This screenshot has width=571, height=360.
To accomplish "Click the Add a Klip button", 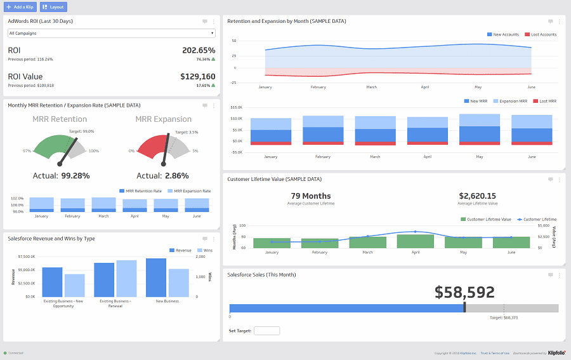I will [x=20, y=7].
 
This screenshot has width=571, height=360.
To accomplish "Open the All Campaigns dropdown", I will [x=111, y=32].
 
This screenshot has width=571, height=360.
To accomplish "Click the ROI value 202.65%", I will [x=198, y=50].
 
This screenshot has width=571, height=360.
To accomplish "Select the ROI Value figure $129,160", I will [x=197, y=76].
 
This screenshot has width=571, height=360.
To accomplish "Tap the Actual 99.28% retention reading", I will [x=75, y=176].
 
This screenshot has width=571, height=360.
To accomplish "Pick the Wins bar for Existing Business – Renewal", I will [x=126, y=278].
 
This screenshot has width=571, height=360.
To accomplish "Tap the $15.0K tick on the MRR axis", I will [x=236, y=107].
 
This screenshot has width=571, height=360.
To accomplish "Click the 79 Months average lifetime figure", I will [x=311, y=196].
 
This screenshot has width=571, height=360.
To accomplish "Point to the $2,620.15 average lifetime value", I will [x=477, y=196].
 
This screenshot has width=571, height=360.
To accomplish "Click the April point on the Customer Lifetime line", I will [x=415, y=232].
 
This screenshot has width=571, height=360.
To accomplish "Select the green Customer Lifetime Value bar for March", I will [x=367, y=242].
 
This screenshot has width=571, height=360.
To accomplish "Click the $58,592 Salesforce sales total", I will [x=464, y=292].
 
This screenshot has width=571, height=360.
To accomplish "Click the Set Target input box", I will [x=266, y=331].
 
